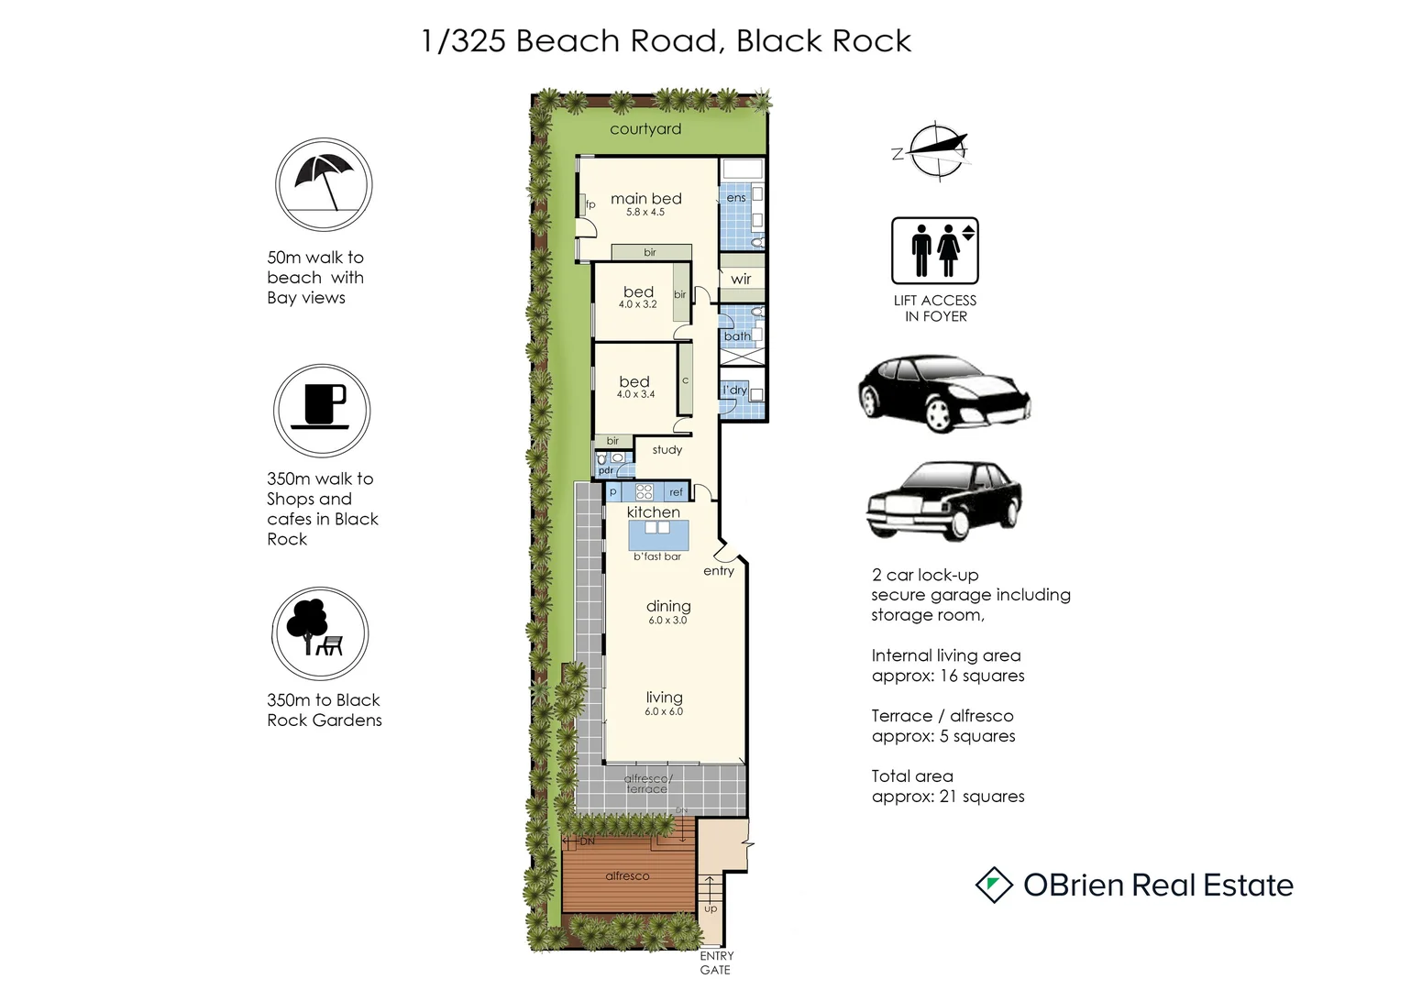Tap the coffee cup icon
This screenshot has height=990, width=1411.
pyautogui.click(x=321, y=411)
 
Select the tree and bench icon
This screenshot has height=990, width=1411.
pyautogui.click(x=319, y=633)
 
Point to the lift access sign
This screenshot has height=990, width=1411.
pyautogui.click(x=935, y=250)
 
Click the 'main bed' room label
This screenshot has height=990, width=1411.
pyautogui.click(x=645, y=199)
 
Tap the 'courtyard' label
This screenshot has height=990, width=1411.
pyautogui.click(x=645, y=129)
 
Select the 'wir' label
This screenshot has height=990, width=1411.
pyautogui.click(x=741, y=279)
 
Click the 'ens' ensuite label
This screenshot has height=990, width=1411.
pyautogui.click(x=736, y=198)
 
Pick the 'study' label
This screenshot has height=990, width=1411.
pyautogui.click(x=667, y=450)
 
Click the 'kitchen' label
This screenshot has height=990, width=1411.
pyautogui.click(x=654, y=512)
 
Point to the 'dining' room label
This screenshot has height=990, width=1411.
pyautogui.click(x=668, y=606)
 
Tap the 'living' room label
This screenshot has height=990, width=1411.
pyautogui.click(x=664, y=698)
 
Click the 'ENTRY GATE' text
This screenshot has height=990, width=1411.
pyautogui.click(x=716, y=962)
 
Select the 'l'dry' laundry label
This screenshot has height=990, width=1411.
pyautogui.click(x=734, y=390)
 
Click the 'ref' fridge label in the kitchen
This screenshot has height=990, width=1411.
pyautogui.click(x=677, y=492)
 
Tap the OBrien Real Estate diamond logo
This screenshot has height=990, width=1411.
pyautogui.click(x=993, y=885)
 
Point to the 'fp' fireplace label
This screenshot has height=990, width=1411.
pyautogui.click(x=590, y=204)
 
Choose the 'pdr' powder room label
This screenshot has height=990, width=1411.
pyautogui.click(x=605, y=470)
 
